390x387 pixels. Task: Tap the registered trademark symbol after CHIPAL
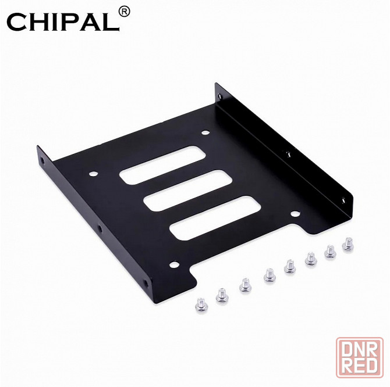pos(123,12)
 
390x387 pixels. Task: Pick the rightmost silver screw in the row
pos(348,244)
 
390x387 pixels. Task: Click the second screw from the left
pos(221,295)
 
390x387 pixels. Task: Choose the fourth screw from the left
pos(269,273)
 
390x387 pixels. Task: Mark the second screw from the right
pos(330,250)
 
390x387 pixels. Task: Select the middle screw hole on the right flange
pos(286,152)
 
